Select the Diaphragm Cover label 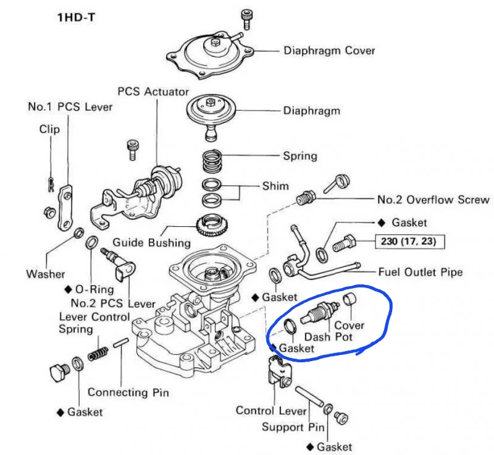click(x=329, y=51)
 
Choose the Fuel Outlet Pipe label click(x=420, y=272)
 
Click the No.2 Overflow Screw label click(x=433, y=200)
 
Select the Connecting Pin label click(x=128, y=392)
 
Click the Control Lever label click(x=271, y=410)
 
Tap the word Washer click(x=46, y=273)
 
